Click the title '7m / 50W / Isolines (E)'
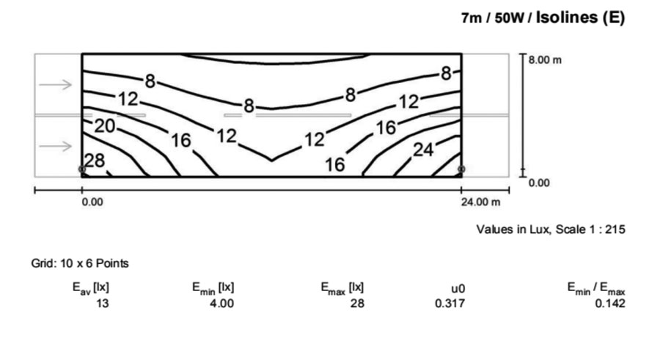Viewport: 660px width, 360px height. [x=543, y=18]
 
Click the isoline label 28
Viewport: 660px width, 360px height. [x=95, y=161]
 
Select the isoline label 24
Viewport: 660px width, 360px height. [x=423, y=150]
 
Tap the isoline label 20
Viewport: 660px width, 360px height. [x=104, y=126]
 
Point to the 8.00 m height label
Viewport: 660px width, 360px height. [x=545, y=60]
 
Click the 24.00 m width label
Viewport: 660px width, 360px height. [x=480, y=202]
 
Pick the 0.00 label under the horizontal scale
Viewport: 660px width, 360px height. [x=92, y=202]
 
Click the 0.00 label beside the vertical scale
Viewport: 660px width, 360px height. [x=539, y=183]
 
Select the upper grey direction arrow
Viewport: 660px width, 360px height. [x=56, y=84]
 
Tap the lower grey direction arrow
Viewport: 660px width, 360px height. [x=56, y=146]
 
